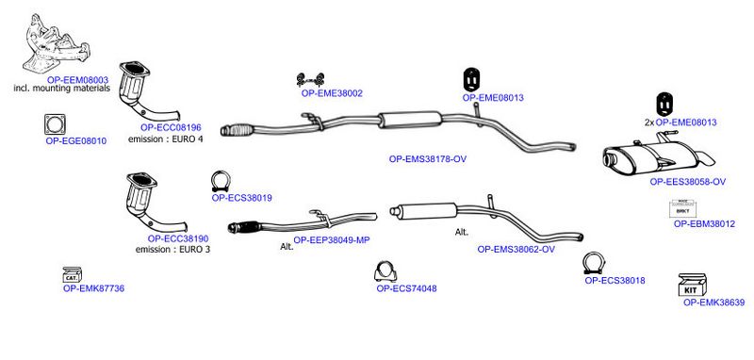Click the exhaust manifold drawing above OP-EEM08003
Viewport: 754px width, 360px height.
click(x=56, y=44)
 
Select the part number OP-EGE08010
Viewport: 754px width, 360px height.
click(x=76, y=141)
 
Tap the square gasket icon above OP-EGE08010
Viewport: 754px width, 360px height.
click(x=55, y=124)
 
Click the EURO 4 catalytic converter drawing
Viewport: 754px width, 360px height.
click(x=144, y=93)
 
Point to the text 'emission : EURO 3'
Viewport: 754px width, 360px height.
click(x=172, y=250)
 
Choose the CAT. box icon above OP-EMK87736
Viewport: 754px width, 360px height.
click(x=73, y=275)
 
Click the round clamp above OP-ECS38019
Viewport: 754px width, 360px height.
click(x=221, y=182)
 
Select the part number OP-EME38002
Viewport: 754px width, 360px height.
click(x=332, y=93)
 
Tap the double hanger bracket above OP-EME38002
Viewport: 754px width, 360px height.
click(x=310, y=78)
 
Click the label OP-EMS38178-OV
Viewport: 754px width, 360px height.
click(x=428, y=159)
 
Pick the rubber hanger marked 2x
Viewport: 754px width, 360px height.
click(x=664, y=105)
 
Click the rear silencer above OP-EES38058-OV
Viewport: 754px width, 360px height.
click(x=658, y=155)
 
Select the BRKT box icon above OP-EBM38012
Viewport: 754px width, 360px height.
click(x=682, y=209)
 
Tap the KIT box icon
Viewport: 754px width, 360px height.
click(x=692, y=285)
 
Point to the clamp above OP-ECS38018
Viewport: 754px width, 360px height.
click(x=594, y=263)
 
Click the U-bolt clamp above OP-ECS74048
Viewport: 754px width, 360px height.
click(x=385, y=272)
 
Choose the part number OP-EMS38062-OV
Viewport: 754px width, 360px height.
click(x=516, y=250)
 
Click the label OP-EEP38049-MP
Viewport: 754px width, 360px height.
click(x=332, y=239)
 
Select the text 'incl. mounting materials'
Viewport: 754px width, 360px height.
click(x=62, y=89)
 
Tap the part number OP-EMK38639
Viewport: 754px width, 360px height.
click(x=714, y=303)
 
